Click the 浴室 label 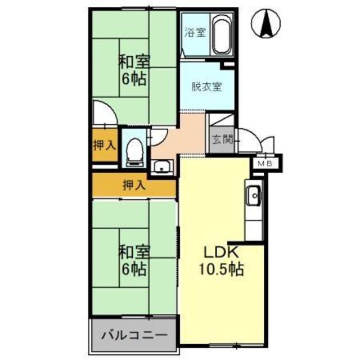[195, 32]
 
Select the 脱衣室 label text [206, 87]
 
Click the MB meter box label [265, 163]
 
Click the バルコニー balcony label [134, 336]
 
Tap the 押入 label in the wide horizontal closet [134, 185]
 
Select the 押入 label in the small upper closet [105, 145]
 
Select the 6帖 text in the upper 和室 [133, 79]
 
